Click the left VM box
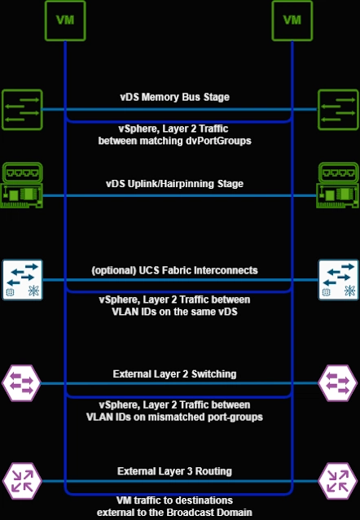click(x=65, y=20)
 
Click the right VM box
click(x=292, y=20)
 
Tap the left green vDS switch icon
click(x=22, y=109)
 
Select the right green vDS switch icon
click(x=338, y=109)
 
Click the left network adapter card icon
click(x=21, y=185)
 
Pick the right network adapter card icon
click(x=337, y=185)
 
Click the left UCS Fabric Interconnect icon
click(x=23, y=280)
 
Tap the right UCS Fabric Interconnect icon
click(x=339, y=280)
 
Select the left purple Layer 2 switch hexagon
click(x=21, y=383)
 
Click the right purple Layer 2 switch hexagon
click(x=338, y=383)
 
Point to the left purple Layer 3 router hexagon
click(x=22, y=481)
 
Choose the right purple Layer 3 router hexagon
click(x=338, y=481)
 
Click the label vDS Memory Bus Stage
click(x=175, y=97)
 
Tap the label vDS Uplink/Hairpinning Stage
click(x=175, y=184)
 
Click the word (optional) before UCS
click(x=113, y=270)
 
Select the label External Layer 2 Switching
click(x=175, y=374)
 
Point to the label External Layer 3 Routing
click(x=175, y=471)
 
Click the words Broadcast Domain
click(x=209, y=513)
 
